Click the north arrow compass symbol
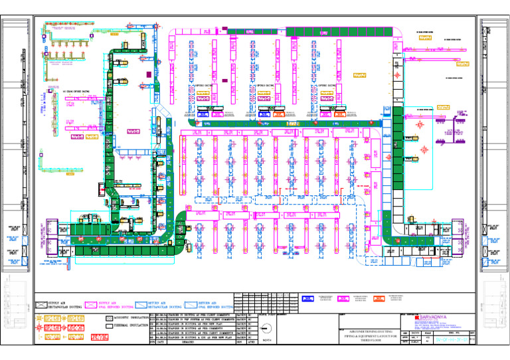[x=266, y=328]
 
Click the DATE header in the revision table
[x=162, y=343]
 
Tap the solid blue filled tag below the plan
[x=307, y=300]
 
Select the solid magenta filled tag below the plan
[x=345, y=300]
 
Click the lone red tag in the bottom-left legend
[x=100, y=337]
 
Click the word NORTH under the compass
[x=266, y=342]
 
